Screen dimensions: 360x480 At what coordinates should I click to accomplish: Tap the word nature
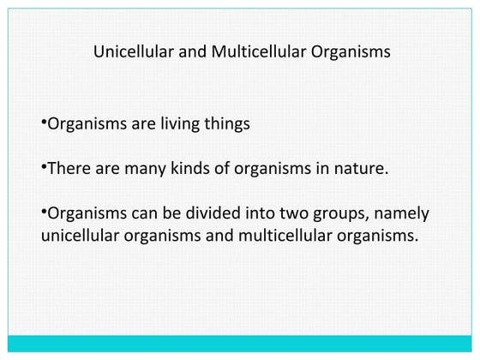[x=365, y=169]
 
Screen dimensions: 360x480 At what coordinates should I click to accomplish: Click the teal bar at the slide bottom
[x=240, y=344]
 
